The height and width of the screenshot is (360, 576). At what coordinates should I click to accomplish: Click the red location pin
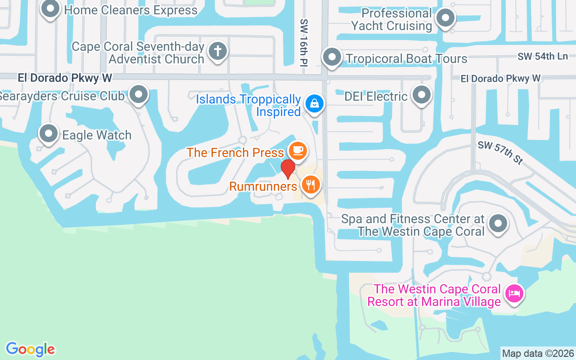point(288,169)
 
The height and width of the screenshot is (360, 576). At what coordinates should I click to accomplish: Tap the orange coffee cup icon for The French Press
point(297,149)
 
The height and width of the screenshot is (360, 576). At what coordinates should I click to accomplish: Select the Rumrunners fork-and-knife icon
point(310,184)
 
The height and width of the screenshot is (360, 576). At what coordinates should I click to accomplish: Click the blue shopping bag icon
point(314,103)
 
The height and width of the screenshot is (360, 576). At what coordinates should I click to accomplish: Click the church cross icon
point(218,51)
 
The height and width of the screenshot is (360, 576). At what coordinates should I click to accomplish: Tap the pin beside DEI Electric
point(422,95)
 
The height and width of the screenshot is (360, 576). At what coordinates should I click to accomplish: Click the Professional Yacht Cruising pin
point(445,18)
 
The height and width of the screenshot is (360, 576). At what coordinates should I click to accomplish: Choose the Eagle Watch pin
point(49,134)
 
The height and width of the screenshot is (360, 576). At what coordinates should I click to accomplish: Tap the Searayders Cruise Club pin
point(139,94)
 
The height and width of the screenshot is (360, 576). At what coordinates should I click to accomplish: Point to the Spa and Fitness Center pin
point(498,224)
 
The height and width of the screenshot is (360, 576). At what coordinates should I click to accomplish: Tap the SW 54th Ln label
point(542,56)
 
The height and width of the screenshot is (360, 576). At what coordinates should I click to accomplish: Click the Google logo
point(30,349)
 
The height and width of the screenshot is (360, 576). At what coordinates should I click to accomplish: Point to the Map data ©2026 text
point(538,353)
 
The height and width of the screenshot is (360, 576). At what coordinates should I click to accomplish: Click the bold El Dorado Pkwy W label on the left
point(65,78)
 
